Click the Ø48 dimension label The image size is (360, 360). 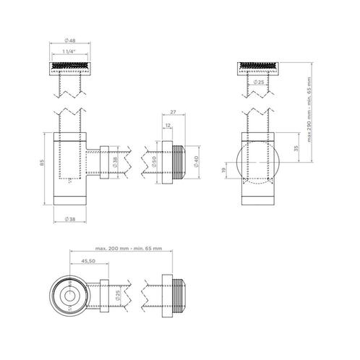pos(70,40)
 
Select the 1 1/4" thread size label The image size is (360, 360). pos(69,51)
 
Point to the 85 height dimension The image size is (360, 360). pos(41,163)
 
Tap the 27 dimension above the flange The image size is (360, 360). pos(173,112)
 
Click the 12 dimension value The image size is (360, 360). pos(168,125)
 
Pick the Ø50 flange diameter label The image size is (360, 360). pos(154,162)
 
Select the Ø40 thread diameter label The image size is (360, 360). pos(196,162)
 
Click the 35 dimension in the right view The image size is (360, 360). pos(296,147)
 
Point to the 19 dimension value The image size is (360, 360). pos(224,170)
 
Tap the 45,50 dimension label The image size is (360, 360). pos(88,261)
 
